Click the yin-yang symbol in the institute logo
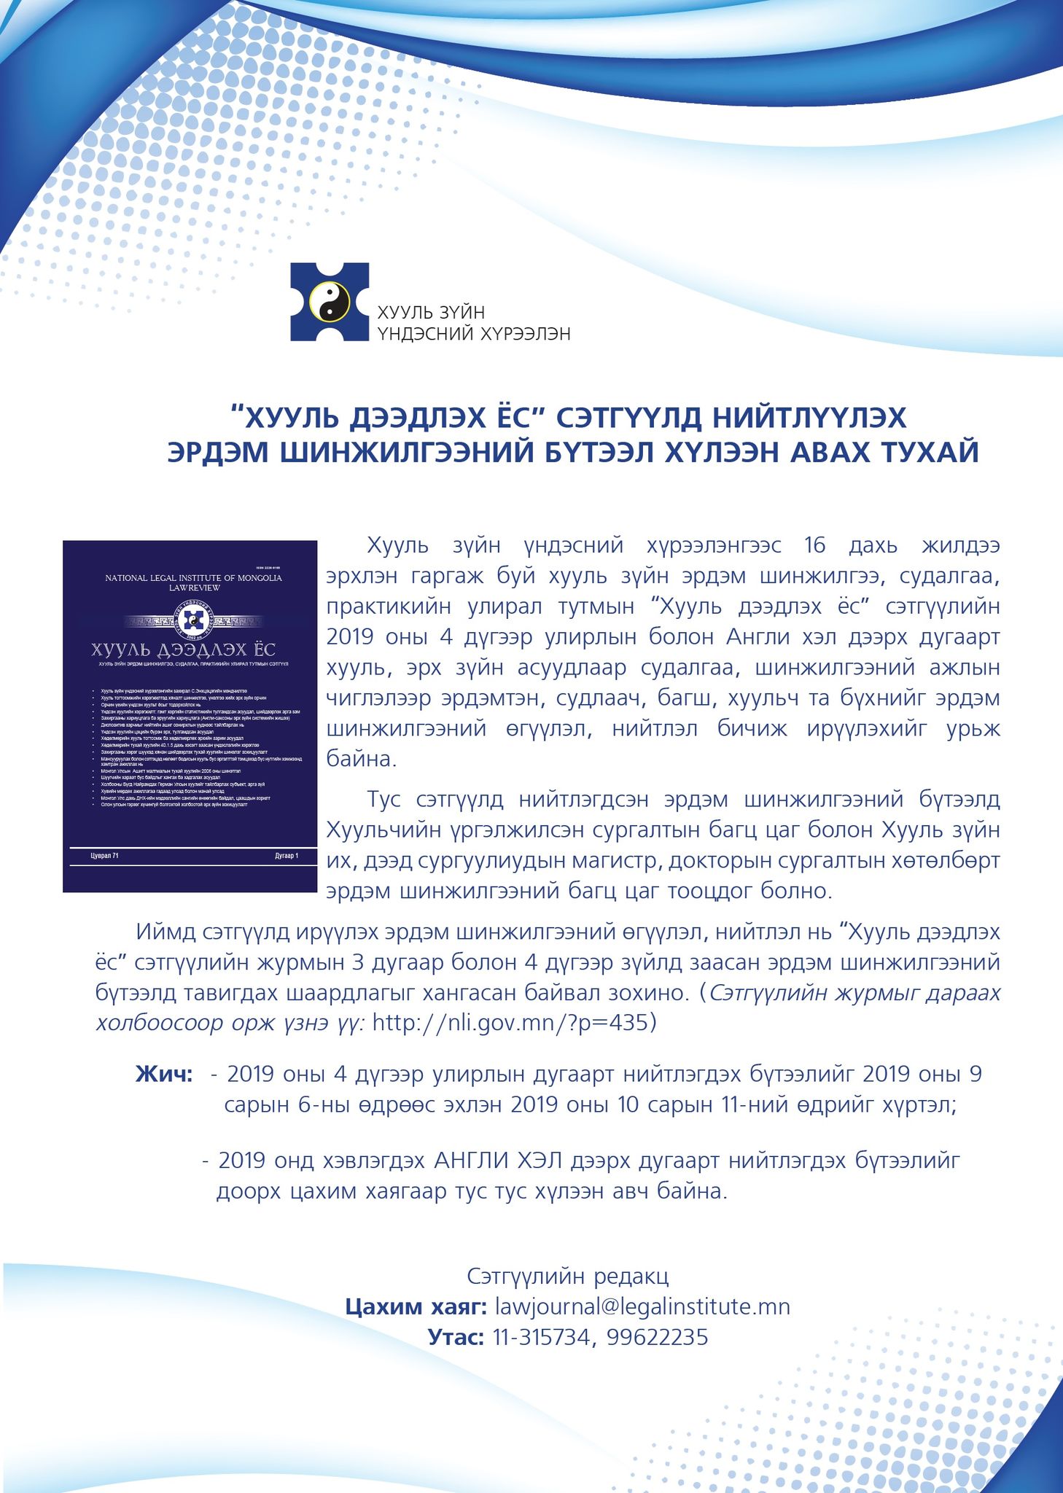coord(330,302)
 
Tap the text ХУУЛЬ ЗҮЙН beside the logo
coord(430,313)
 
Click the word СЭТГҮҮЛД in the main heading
coord(628,418)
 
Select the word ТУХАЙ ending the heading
coord(930,453)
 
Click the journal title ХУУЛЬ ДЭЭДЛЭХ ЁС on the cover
coord(183,649)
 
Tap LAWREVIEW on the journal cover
coord(194,588)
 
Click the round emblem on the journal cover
coord(193,620)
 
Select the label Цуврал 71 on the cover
coord(104,856)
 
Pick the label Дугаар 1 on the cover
coord(287,856)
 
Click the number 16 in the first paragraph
coord(814,545)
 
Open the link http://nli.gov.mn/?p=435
coord(510,1023)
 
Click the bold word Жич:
coord(164,1074)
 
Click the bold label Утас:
coord(456,1337)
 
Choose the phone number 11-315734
coord(541,1337)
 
